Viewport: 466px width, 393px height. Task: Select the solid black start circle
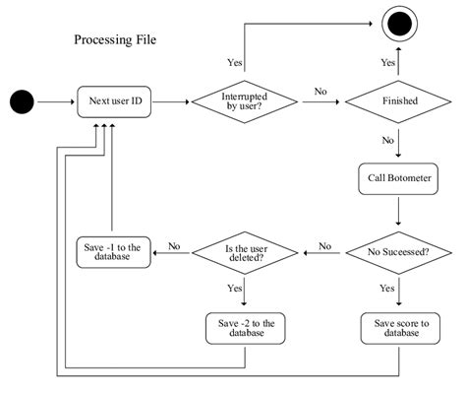22,100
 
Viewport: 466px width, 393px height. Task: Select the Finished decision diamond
398,100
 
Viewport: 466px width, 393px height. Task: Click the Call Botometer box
398,178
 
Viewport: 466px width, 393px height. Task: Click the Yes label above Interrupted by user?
234,61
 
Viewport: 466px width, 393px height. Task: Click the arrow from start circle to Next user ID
57,100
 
